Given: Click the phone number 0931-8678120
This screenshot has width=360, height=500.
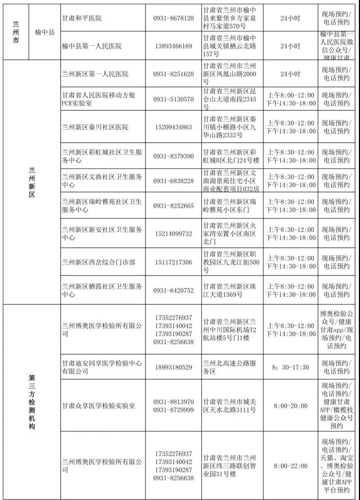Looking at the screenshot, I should click(x=173, y=18).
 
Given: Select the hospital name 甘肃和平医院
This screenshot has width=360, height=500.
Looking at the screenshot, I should click(x=82, y=18).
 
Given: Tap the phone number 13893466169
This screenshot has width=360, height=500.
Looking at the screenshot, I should click(x=173, y=46).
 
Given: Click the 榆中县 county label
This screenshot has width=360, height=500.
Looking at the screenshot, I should click(x=45, y=32).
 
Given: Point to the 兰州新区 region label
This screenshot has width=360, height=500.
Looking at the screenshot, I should click(x=32, y=182).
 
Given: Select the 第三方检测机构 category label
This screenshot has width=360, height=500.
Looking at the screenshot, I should click(x=32, y=402).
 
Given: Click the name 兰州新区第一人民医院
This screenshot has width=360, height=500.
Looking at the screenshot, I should click(x=95, y=74).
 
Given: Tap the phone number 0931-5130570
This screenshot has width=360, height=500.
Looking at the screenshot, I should click(x=173, y=99).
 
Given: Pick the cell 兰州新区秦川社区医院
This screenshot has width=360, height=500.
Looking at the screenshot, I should click(x=95, y=127).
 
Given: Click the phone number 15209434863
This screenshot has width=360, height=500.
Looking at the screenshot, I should click(x=173, y=127).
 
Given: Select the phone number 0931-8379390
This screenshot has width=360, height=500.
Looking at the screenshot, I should click(x=173, y=156).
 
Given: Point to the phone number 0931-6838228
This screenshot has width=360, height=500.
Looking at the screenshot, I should click(x=173, y=181).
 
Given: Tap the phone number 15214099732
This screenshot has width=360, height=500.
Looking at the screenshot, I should click(x=173, y=234).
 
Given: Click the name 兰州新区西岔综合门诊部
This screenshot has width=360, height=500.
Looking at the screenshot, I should click(x=99, y=262).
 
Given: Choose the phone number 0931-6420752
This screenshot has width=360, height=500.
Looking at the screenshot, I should click(x=173, y=291).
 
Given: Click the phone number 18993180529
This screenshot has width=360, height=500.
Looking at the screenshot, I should click(x=173, y=367).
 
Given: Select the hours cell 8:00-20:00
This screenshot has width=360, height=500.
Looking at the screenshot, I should click(x=290, y=406).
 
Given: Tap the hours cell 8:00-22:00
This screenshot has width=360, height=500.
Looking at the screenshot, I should click(x=290, y=466).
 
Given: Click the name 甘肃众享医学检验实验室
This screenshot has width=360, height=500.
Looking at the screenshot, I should click(x=99, y=406).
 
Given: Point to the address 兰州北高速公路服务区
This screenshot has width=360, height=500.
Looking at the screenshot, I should click(x=229, y=367).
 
